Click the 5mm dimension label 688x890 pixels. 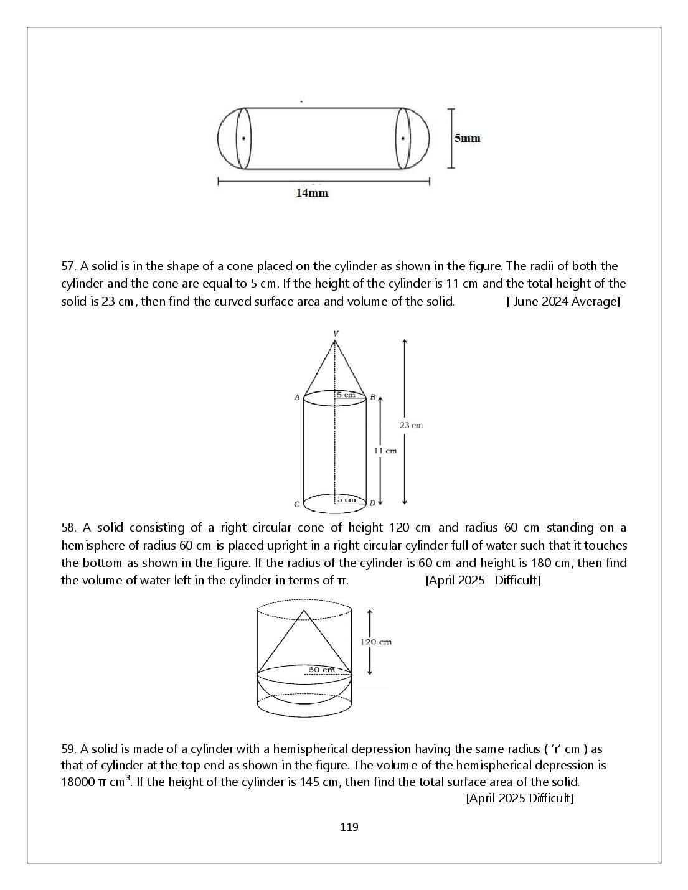pos(467,138)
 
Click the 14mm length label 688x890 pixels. pos(312,193)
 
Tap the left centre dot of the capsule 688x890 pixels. pos(244,138)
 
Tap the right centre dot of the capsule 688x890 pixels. pos(403,138)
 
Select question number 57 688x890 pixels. pos(69,266)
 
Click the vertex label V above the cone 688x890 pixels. pos(336,334)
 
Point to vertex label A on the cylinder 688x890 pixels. pos(297,397)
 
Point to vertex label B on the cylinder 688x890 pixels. pos(373,397)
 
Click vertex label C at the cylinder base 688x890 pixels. pos(296,504)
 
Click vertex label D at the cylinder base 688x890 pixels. pos(372,504)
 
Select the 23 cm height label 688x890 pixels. pos(412,426)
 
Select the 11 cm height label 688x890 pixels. pos(385,451)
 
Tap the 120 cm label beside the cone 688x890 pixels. pos(376,642)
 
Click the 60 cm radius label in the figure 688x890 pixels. pos(322,670)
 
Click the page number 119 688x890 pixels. pos(349,827)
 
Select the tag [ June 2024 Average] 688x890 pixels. pos(563,302)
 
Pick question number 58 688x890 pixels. pos(69,528)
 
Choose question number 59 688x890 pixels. pos(69,749)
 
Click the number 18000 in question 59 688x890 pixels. pos(78,782)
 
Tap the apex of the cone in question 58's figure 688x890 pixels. pos(304,611)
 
